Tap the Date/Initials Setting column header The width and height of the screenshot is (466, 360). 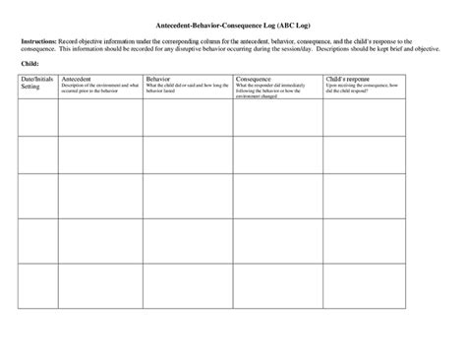35,82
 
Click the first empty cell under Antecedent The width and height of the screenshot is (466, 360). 99,118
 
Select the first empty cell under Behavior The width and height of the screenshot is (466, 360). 187,118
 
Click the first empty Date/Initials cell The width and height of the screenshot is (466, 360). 37,118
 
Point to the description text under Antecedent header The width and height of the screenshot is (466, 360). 98,89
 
